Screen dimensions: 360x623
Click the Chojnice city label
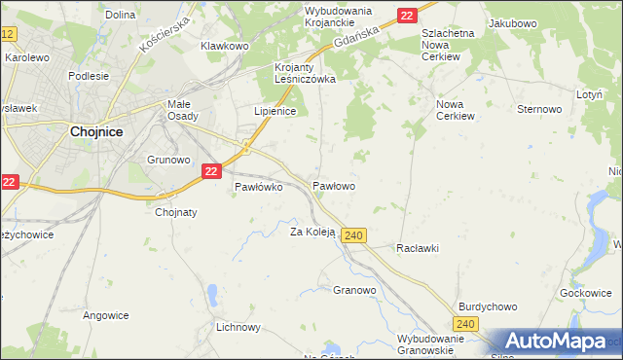[x=95, y=135]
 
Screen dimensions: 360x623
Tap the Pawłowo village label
[x=333, y=185]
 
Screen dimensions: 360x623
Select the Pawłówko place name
[x=258, y=188]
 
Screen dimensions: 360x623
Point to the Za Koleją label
[x=312, y=232]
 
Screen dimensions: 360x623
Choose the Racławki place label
[x=418, y=248]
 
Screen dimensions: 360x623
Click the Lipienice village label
[x=275, y=112]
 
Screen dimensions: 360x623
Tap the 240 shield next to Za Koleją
[x=354, y=235]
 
